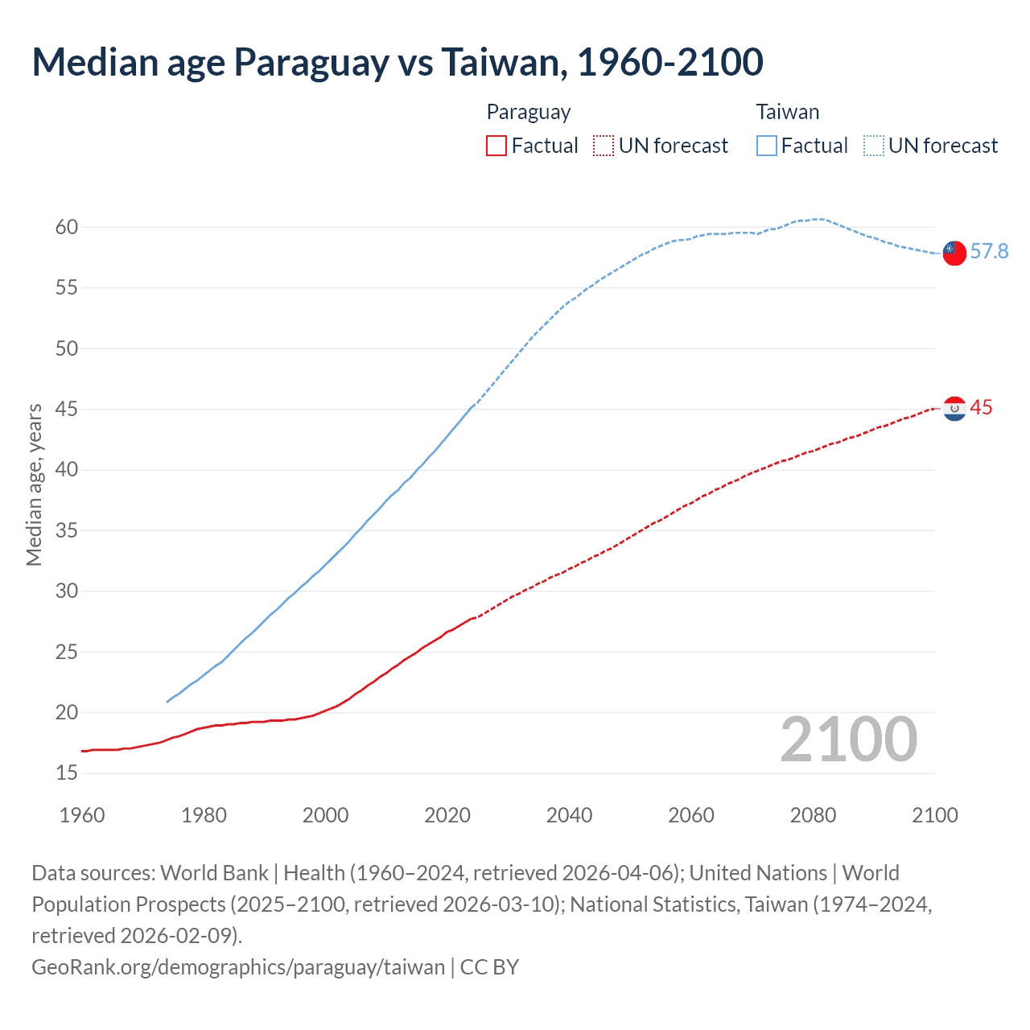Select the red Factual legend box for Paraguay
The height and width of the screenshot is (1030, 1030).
pyautogui.click(x=496, y=146)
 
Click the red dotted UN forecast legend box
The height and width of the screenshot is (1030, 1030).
pyautogui.click(x=604, y=146)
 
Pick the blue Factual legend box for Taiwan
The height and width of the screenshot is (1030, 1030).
pyautogui.click(x=767, y=146)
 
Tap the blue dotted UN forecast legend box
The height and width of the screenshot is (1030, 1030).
pyautogui.click(x=874, y=146)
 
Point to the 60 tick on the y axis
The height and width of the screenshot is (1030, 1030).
pyautogui.click(x=67, y=227)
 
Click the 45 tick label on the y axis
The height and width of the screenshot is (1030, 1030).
pyautogui.click(x=67, y=409)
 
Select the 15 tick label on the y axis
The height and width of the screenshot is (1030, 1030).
pyautogui.click(x=67, y=773)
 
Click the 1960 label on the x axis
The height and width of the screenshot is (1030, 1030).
pyautogui.click(x=82, y=815)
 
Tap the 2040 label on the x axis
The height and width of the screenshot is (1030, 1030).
pyautogui.click(x=569, y=815)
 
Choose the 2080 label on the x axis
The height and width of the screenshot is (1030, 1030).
pyautogui.click(x=813, y=815)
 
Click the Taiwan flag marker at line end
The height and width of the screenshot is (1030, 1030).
pyautogui.click(x=954, y=253)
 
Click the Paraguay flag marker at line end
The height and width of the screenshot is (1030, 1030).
pyautogui.click(x=954, y=409)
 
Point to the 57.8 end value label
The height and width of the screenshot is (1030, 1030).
pyautogui.click(x=989, y=252)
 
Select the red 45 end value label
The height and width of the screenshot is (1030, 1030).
pyautogui.click(x=981, y=408)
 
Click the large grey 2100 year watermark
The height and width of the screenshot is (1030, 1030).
pyautogui.click(x=848, y=740)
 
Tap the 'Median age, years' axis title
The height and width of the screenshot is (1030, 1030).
pyautogui.click(x=34, y=485)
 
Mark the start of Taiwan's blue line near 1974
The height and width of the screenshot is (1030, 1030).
pyautogui.click(x=167, y=702)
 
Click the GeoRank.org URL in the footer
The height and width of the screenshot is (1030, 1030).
pyautogui.click(x=238, y=966)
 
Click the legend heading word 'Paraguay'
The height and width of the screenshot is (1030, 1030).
pyautogui.click(x=529, y=112)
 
